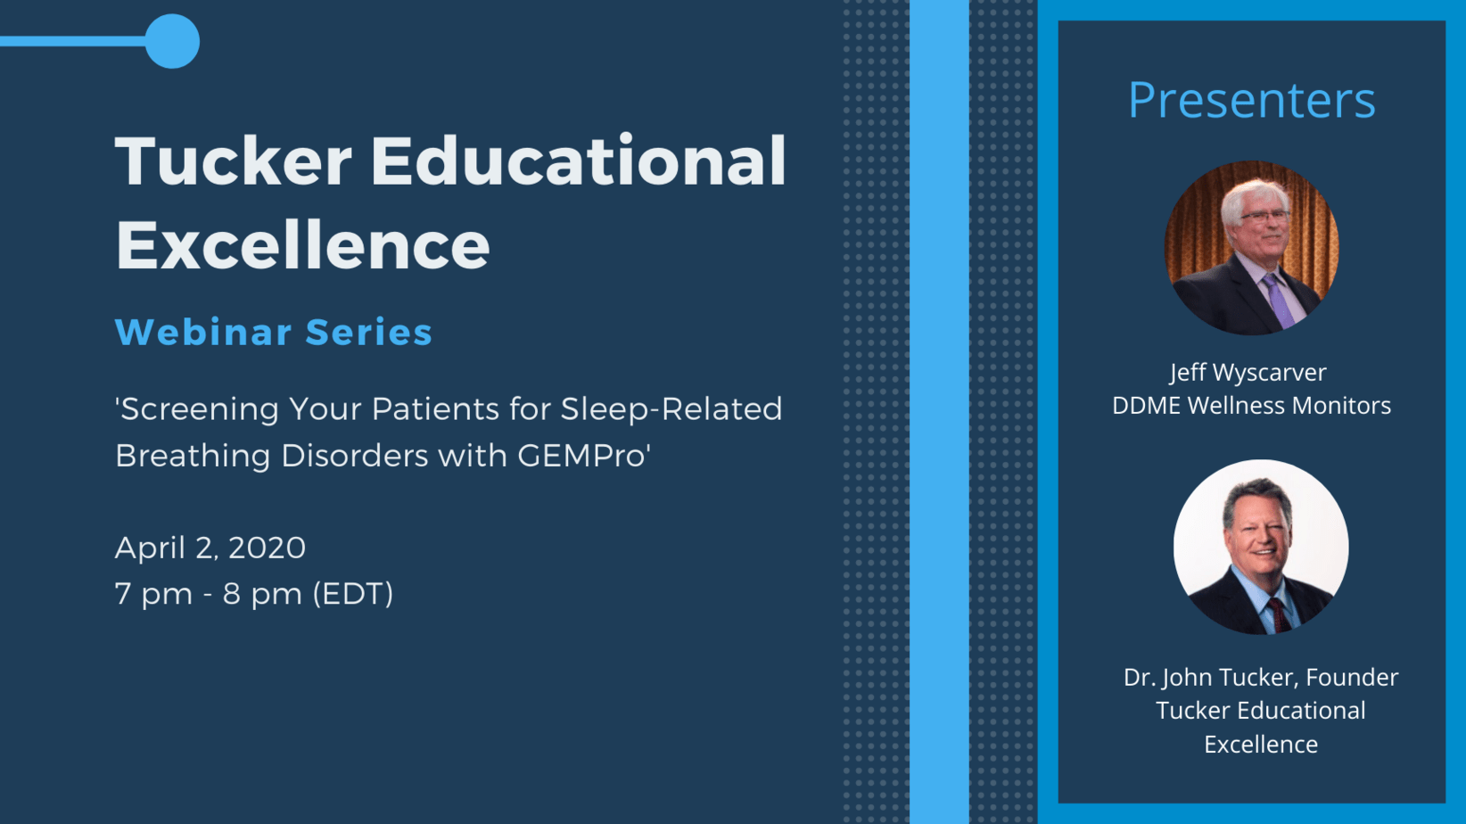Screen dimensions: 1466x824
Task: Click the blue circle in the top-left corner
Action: (x=172, y=41)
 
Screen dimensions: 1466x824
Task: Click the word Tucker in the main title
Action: (x=234, y=161)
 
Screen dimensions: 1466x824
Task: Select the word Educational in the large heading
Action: (x=579, y=161)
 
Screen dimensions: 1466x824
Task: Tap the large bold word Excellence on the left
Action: (x=302, y=244)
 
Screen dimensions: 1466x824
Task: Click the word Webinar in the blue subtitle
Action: (x=203, y=332)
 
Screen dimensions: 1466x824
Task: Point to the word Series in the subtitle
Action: (x=369, y=332)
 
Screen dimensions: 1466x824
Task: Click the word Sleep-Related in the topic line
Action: (x=671, y=409)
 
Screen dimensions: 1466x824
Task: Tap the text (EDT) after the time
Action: (x=353, y=594)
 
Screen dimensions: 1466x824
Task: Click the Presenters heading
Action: (x=1251, y=100)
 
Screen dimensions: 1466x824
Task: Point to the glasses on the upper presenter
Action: (x=1263, y=217)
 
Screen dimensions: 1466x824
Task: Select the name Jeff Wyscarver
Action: (x=1248, y=373)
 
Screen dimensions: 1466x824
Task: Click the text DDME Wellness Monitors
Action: (x=1251, y=406)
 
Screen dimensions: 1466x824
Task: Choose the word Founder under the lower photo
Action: (x=1352, y=678)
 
